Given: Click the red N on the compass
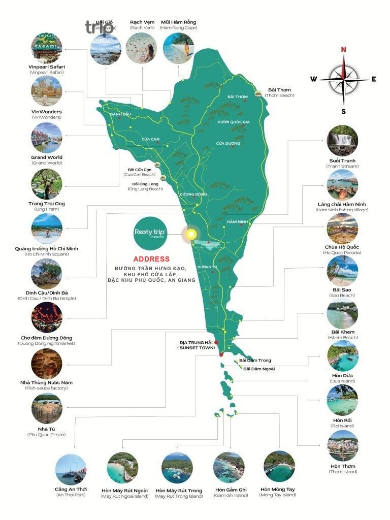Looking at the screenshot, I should [343, 50].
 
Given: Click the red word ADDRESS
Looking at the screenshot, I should [151, 259].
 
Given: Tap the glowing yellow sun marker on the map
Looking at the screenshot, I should [190, 234].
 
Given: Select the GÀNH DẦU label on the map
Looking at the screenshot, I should [120, 114].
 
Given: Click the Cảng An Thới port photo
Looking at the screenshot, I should [71, 469].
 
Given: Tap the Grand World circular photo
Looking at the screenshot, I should [47, 138].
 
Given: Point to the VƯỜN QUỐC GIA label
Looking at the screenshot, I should [234, 122].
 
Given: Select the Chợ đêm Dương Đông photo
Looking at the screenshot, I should [47, 317].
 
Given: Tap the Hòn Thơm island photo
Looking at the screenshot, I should [343, 446].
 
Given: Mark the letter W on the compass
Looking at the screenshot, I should [314, 79].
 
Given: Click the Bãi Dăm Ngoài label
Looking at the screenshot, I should [259, 369].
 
